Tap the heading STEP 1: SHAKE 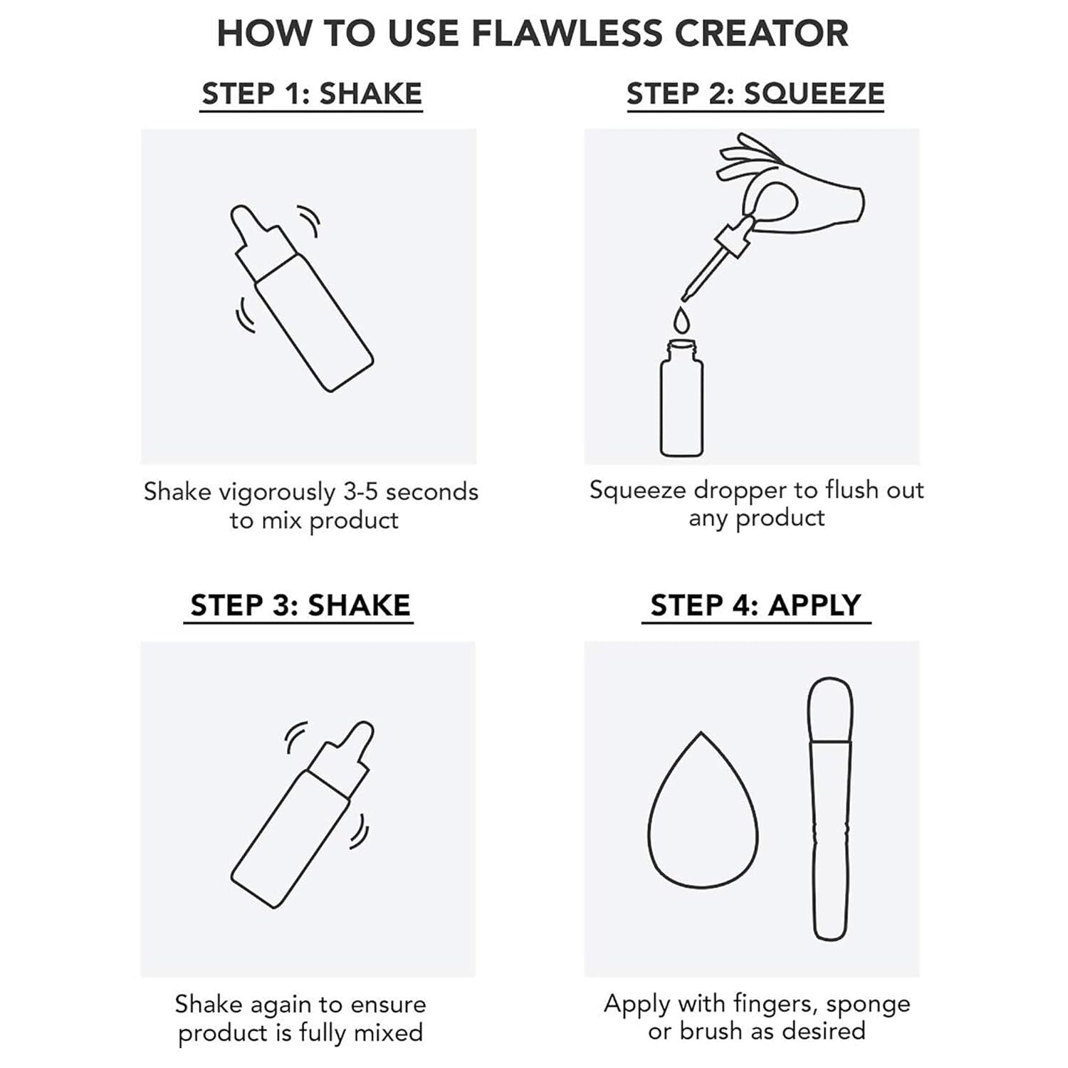tap(312, 94)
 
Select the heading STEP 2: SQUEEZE tap(755, 94)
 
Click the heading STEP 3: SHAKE tap(300, 605)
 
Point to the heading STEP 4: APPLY tap(755, 605)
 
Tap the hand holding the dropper tap(797, 192)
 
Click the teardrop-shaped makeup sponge tap(702, 819)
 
